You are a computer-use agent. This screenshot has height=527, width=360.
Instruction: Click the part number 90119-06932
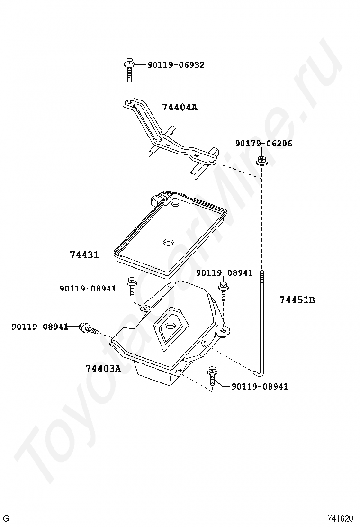pyautogui.click(x=176, y=65)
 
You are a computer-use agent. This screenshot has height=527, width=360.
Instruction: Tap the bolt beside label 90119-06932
pyautogui.click(x=128, y=69)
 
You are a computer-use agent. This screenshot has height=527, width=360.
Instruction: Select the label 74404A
pyautogui.click(x=180, y=107)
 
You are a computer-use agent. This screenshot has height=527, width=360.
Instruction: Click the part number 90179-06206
pyautogui.click(x=264, y=144)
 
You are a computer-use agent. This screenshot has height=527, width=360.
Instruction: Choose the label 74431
pyautogui.click(x=84, y=255)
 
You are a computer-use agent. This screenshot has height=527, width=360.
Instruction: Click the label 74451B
pyautogui.click(x=297, y=300)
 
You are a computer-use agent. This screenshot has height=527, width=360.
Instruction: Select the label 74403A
pyautogui.click(x=103, y=368)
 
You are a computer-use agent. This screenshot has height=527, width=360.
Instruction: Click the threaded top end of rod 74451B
pyautogui.click(x=262, y=276)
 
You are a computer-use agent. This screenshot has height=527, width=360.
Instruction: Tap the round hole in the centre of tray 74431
pyautogui.click(x=168, y=243)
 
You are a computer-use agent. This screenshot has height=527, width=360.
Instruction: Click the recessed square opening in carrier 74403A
pyautogui.click(x=170, y=327)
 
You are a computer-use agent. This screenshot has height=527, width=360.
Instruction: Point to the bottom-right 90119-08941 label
pyautogui.click(x=260, y=387)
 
